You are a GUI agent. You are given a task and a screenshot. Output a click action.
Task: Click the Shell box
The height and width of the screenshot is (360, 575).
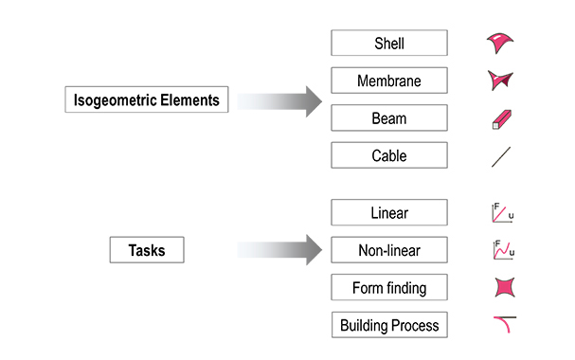tap(389, 43)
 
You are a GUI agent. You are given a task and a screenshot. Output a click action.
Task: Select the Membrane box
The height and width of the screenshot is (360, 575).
tap(389, 81)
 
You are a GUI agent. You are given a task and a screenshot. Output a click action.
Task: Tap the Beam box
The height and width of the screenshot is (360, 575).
tap(389, 117)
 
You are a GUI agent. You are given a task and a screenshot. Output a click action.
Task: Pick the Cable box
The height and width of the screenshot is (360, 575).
tap(389, 155)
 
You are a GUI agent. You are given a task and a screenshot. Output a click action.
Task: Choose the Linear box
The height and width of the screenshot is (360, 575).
tap(389, 212)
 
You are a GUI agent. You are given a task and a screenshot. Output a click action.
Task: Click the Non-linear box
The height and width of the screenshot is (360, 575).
tap(389, 250)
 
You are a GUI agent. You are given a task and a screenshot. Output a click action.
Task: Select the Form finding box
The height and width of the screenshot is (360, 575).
tap(389, 287)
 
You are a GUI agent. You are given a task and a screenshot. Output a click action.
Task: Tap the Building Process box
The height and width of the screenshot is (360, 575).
tap(389, 325)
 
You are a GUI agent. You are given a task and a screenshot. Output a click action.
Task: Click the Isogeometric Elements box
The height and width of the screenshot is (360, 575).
tap(147, 99)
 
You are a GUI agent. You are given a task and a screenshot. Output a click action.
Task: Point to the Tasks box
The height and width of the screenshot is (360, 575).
tap(147, 250)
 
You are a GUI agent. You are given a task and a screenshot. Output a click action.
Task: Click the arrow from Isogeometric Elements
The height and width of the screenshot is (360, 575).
tap(279, 101)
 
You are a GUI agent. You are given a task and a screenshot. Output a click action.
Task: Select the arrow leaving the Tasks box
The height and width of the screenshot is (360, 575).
tap(279, 250)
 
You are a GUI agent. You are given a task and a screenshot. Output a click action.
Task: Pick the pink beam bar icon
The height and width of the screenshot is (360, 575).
tap(501, 119)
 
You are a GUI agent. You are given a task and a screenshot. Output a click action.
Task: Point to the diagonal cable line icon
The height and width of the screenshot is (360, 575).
tap(501, 157)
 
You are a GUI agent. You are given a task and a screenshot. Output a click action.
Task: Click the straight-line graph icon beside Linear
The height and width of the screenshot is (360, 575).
tap(502, 212)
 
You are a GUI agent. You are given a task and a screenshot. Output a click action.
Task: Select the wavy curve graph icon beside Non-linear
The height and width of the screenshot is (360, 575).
tap(504, 250)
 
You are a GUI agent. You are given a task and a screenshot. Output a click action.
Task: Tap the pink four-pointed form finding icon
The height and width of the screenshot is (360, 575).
tap(505, 287)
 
